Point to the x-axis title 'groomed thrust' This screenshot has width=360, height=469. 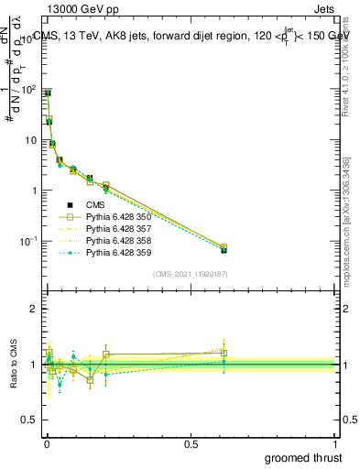pos(304,457)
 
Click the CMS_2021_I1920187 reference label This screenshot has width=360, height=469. pos(190,274)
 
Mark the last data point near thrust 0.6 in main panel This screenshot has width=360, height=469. pos(224,249)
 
